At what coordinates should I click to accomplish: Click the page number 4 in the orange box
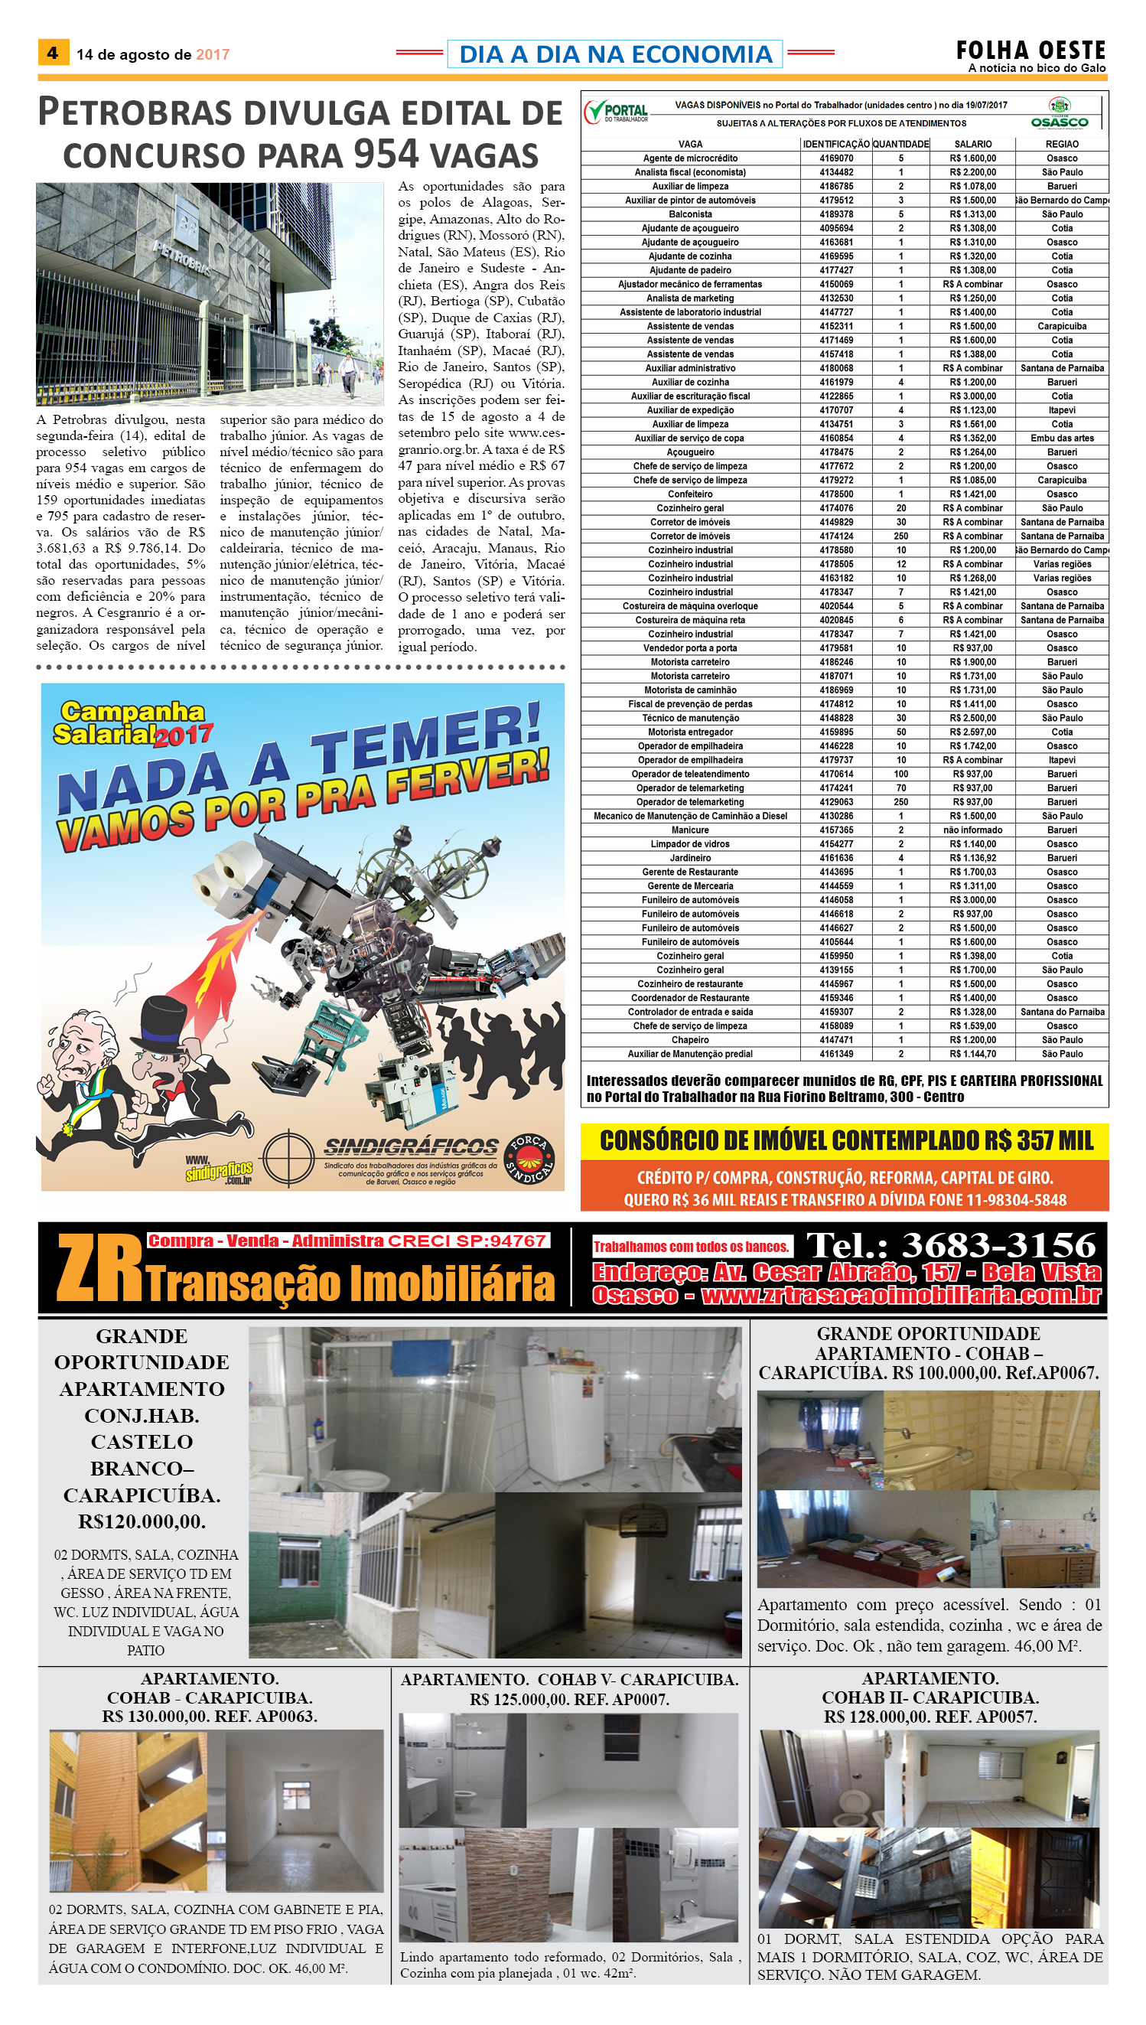coord(53,53)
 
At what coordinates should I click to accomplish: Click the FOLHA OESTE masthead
coord(1030,51)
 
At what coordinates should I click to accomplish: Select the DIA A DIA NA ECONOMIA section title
coord(615,54)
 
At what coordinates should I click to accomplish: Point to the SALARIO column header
coord(973,144)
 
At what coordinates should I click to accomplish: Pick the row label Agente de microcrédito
coord(690,158)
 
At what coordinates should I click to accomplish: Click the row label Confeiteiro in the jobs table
coord(690,494)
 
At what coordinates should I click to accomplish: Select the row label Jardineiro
coord(690,858)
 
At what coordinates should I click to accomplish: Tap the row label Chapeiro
coord(690,1040)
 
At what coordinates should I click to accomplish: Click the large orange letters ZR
coord(99,1268)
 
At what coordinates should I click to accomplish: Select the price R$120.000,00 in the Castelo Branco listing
coord(142,1521)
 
